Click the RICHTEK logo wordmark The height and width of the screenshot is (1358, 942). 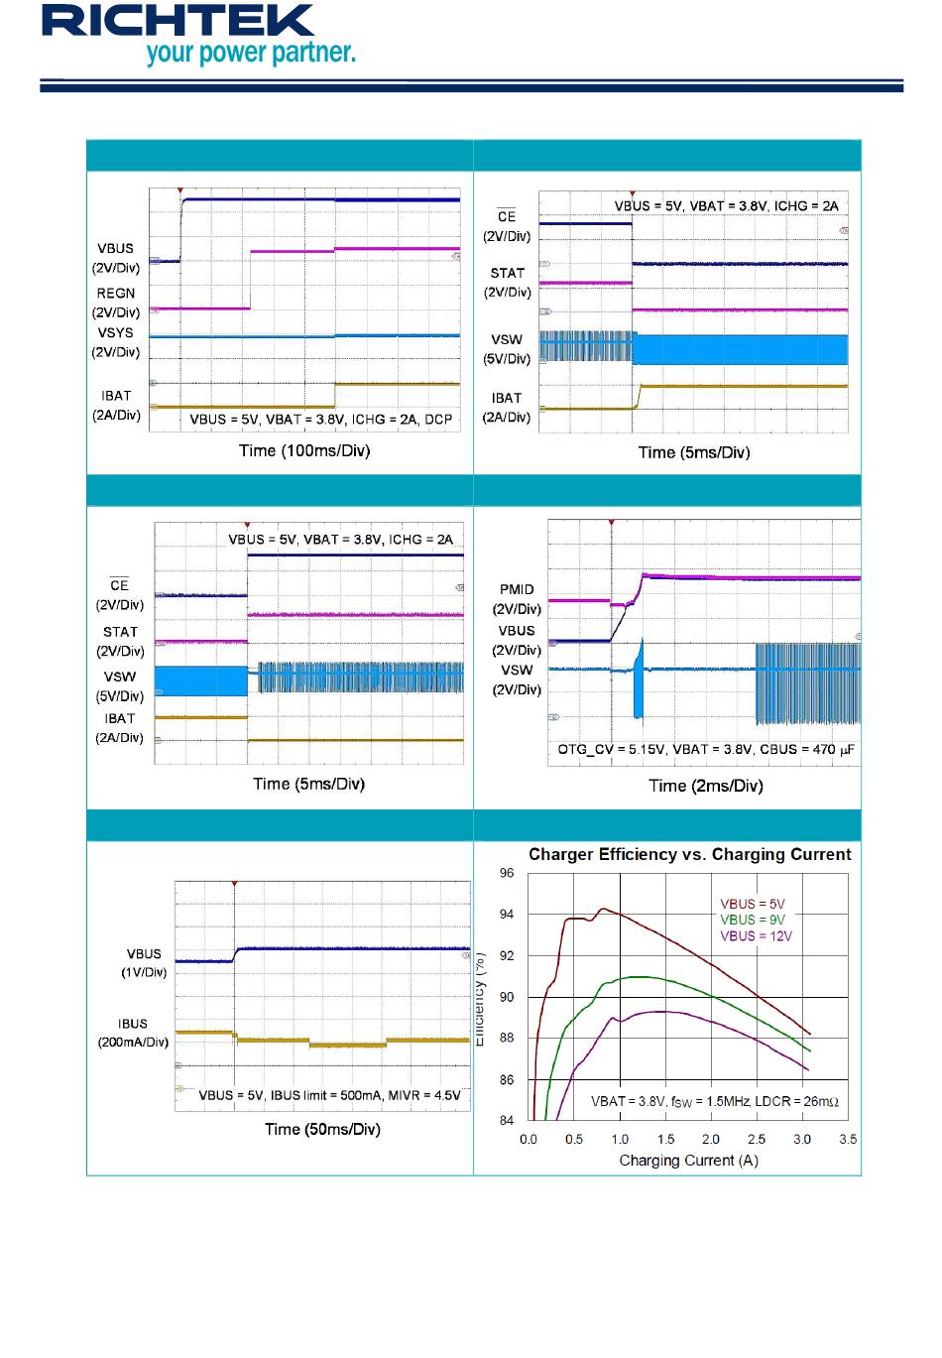click(177, 21)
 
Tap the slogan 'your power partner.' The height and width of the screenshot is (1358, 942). click(250, 53)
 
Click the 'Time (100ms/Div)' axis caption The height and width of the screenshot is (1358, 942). click(304, 450)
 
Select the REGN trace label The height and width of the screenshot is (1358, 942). click(116, 294)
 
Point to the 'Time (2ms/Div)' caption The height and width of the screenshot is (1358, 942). click(705, 786)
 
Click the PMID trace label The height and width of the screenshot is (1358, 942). click(517, 589)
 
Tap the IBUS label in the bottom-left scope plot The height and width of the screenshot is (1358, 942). click(133, 1024)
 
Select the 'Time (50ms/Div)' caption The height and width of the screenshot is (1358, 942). click(322, 1129)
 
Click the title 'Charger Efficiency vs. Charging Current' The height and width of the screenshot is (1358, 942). click(689, 854)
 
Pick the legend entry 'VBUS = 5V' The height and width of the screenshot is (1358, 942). click(752, 904)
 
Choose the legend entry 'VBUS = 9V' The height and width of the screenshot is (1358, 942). click(752, 920)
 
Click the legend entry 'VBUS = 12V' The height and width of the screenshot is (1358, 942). click(756, 935)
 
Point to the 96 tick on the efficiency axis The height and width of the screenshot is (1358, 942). click(507, 873)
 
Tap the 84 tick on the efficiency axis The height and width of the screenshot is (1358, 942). click(507, 1121)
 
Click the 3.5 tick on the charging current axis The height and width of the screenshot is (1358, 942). click(848, 1139)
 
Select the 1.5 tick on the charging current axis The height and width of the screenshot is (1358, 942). click(665, 1139)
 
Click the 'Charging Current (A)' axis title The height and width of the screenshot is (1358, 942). click(688, 1161)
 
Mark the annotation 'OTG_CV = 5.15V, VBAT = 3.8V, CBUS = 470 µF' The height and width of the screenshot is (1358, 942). click(706, 749)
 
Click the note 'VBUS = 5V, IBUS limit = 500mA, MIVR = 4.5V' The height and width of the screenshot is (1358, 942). click(329, 1095)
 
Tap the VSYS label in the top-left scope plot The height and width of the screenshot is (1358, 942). click(116, 333)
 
